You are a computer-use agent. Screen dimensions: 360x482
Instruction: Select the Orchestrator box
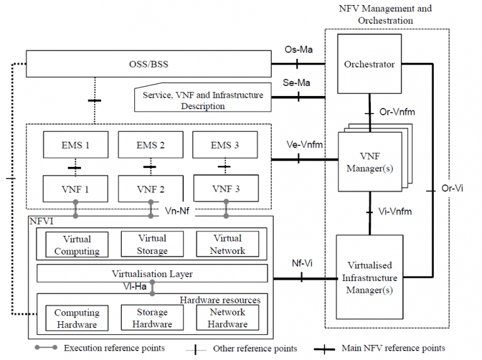pyautogui.click(x=369, y=64)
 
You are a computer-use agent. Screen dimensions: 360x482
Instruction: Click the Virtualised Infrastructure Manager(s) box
pyautogui.click(x=369, y=277)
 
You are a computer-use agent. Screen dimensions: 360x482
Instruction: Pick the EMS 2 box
pyautogui.click(x=151, y=145)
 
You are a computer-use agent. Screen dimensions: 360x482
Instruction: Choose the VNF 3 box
pyautogui.click(x=225, y=188)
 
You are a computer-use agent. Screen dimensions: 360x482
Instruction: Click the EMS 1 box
pyautogui.click(x=76, y=145)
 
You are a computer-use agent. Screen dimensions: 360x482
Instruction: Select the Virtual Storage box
pyautogui.click(x=151, y=245)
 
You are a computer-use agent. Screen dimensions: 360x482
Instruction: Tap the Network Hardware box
pyautogui.click(x=227, y=317)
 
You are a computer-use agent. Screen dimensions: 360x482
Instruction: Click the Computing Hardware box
pyautogui.click(x=76, y=318)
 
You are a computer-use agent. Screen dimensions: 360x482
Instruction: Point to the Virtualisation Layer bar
pyautogui.click(x=152, y=273)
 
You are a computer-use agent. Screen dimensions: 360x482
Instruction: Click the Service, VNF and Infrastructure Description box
pyautogui.click(x=201, y=100)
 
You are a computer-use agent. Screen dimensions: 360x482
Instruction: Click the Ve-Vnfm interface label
pyautogui.click(x=304, y=145)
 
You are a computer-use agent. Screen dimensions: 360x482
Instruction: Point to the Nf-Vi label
pyautogui.click(x=303, y=263)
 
